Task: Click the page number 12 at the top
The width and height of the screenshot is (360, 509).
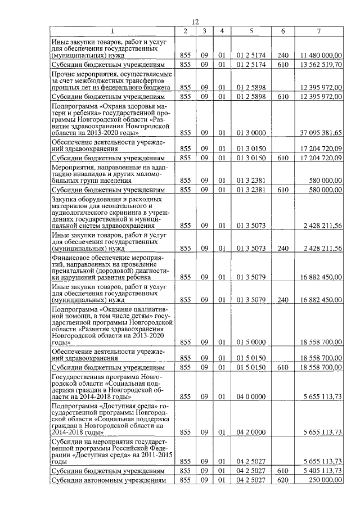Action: tap(195, 21)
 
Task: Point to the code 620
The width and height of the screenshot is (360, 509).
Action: tap(283, 480)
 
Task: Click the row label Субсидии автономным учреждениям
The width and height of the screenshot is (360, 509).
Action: tap(107, 480)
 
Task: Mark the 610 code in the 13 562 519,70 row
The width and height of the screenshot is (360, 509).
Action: tap(283, 65)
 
